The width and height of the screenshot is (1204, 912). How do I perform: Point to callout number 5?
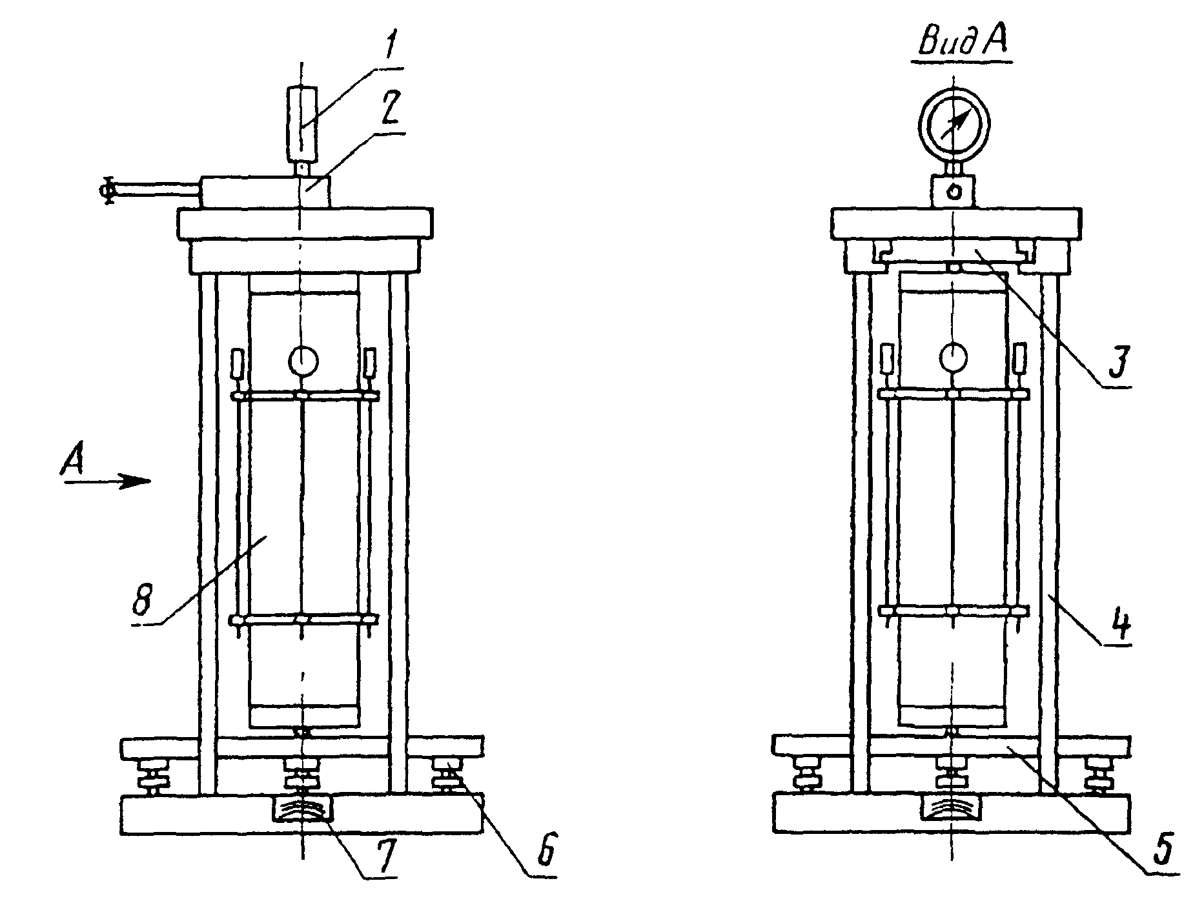[1162, 849]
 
